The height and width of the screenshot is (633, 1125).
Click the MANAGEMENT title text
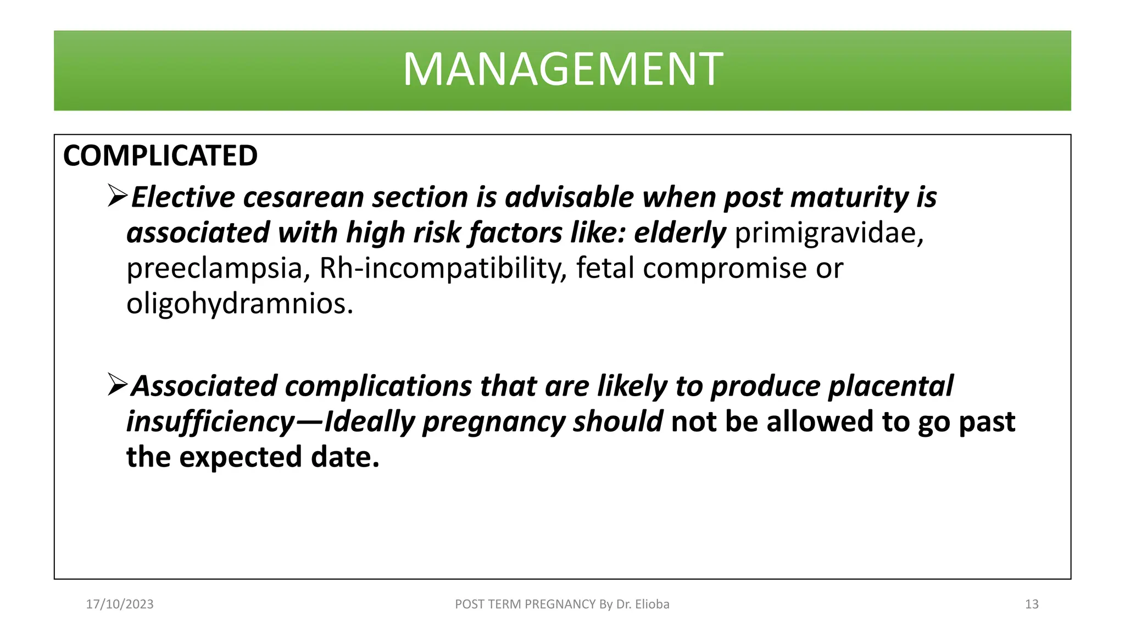[562, 70]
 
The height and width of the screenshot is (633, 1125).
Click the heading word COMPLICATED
[160, 156]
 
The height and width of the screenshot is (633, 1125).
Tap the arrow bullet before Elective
[117, 196]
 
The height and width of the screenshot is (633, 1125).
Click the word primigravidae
[829, 234]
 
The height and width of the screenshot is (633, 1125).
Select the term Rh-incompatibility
[442, 269]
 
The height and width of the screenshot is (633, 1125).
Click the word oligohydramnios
[240, 304]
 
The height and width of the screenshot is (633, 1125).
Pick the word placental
[890, 386]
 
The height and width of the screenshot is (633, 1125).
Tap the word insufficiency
[211, 422]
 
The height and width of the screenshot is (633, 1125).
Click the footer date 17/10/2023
[120, 604]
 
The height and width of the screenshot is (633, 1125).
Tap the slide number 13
[1032, 604]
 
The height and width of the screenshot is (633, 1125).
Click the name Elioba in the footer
[652, 604]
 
